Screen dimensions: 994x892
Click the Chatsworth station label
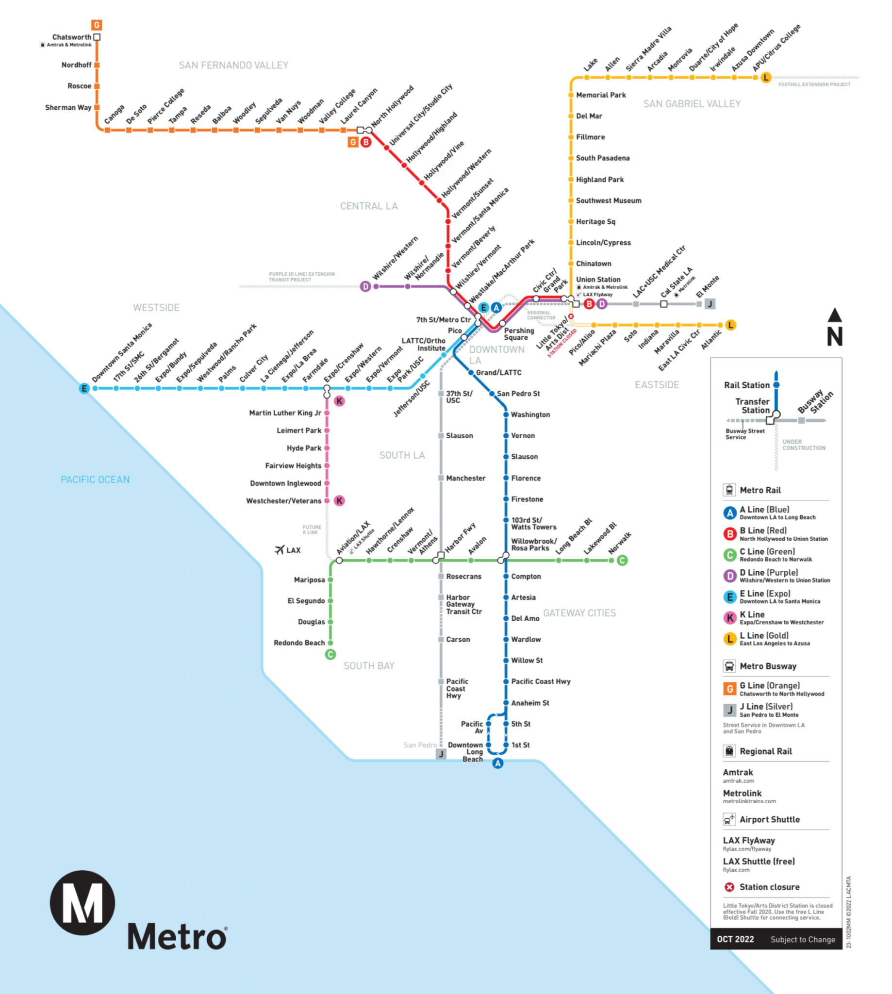pyautogui.click(x=71, y=37)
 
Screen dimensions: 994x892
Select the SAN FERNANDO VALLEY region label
pyautogui.click(x=233, y=65)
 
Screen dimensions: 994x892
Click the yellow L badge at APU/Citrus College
pyautogui.click(x=765, y=78)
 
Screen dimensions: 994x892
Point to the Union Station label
pyautogui.click(x=598, y=280)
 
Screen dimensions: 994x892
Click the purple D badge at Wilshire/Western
pyautogui.click(x=365, y=286)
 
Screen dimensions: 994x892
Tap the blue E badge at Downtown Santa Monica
pyautogui.click(x=84, y=388)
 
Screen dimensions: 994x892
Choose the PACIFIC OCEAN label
pyautogui.click(x=95, y=480)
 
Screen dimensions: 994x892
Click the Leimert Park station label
pyautogui.click(x=299, y=431)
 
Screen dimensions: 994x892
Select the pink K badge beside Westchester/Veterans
pyautogui.click(x=339, y=500)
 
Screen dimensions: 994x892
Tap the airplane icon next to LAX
pyautogui.click(x=280, y=549)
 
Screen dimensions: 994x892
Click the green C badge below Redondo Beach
pyautogui.click(x=330, y=654)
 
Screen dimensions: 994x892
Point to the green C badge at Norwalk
pyautogui.click(x=622, y=560)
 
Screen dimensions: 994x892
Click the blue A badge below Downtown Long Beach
pyautogui.click(x=497, y=763)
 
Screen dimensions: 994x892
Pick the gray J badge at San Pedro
pyautogui.click(x=441, y=754)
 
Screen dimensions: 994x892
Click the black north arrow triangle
pyautogui.click(x=835, y=315)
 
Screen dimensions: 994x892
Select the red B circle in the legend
pyautogui.click(x=730, y=534)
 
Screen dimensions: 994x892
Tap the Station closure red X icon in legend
pyautogui.click(x=729, y=887)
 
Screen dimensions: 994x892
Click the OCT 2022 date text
pyautogui.click(x=735, y=939)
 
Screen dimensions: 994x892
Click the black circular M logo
pyautogui.click(x=83, y=902)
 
